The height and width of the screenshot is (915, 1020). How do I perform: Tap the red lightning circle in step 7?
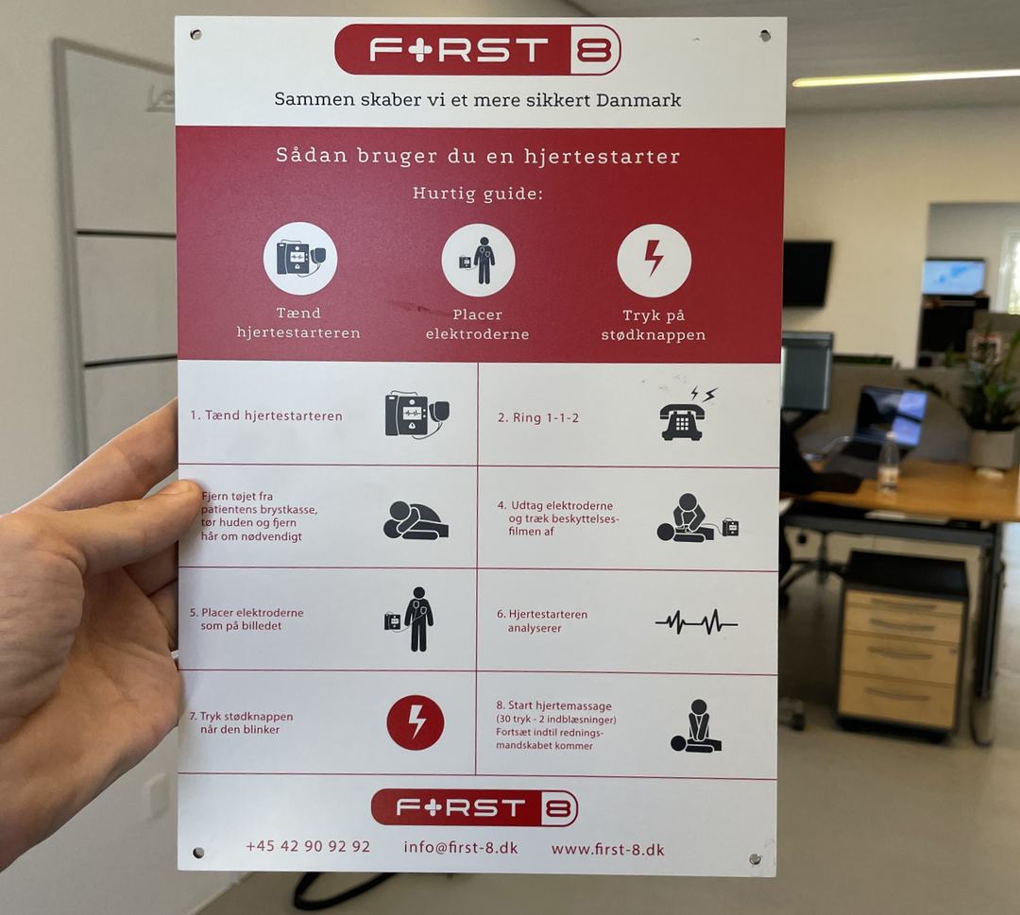click(415, 722)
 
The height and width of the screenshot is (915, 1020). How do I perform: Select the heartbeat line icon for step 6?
click(696, 621)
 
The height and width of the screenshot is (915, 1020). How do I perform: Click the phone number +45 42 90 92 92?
click(308, 846)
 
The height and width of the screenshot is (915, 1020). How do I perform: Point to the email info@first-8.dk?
click(461, 847)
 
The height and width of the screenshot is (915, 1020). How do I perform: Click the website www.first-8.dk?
click(607, 849)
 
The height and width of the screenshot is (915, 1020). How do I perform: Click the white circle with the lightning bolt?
click(654, 260)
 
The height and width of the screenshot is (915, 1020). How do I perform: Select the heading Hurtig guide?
click(478, 194)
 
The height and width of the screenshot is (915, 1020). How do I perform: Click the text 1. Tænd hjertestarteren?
click(266, 415)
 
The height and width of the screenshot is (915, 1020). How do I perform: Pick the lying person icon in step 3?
click(416, 519)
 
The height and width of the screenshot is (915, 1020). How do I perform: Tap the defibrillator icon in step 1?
click(416, 415)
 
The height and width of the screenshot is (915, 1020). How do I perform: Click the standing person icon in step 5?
click(417, 619)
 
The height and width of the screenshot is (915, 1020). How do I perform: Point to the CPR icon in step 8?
click(696, 726)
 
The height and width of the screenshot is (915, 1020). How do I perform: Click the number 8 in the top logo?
click(594, 50)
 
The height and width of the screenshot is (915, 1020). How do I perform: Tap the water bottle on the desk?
click(888, 464)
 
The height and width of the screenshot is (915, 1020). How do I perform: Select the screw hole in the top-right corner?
click(765, 36)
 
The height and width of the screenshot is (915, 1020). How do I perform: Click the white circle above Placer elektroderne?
click(478, 260)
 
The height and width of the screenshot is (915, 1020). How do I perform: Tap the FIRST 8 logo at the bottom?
click(474, 808)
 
